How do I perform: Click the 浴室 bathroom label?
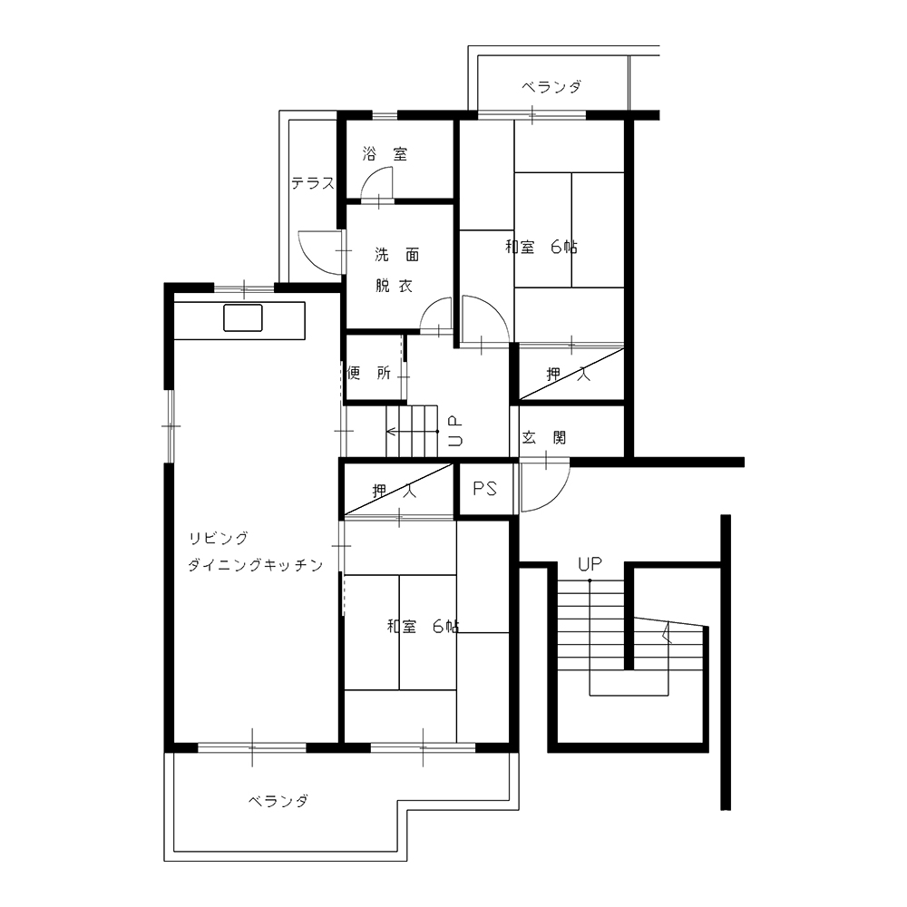click(x=385, y=154)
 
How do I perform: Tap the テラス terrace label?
click(x=313, y=183)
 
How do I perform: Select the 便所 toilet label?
click(x=369, y=373)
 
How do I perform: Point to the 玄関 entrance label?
click(x=543, y=438)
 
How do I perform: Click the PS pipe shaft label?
click(x=484, y=489)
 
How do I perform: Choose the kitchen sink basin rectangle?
click(x=243, y=317)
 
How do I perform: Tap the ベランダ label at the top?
click(x=551, y=87)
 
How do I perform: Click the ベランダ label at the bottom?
click(x=278, y=801)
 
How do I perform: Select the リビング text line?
click(x=219, y=539)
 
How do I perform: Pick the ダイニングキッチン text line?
click(x=256, y=564)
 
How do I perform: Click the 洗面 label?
click(x=397, y=255)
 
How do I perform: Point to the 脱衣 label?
click(x=394, y=286)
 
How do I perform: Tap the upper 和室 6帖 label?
click(x=541, y=247)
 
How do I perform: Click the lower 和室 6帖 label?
click(x=424, y=627)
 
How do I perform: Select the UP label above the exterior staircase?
click(x=590, y=564)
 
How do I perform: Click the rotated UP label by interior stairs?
click(x=455, y=432)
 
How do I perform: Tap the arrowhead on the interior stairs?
click(x=390, y=432)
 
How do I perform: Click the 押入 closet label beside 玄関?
click(x=569, y=375)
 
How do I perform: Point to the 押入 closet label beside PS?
click(x=394, y=491)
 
